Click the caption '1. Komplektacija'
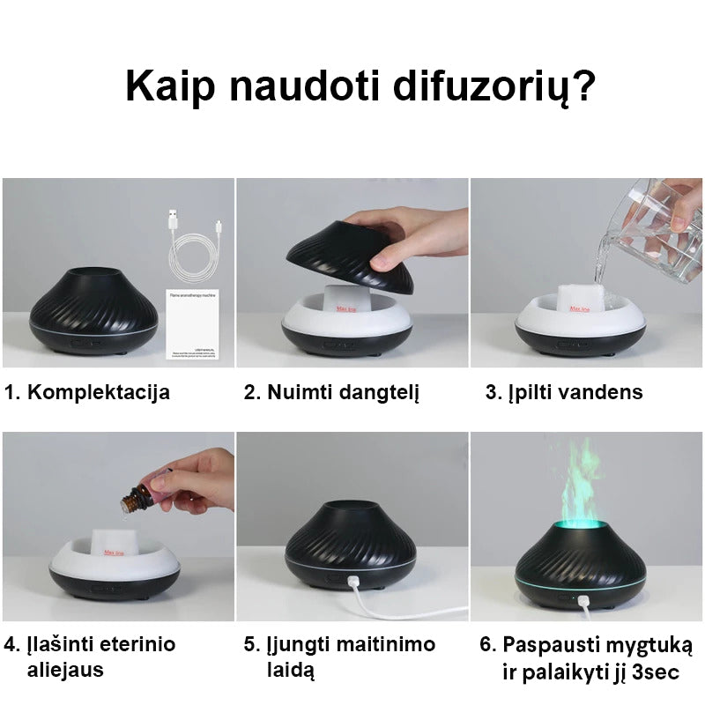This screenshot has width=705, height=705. pos(87,392)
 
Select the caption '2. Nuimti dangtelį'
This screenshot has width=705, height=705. pos(331,392)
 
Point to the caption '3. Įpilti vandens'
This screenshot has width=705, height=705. pos(564,392)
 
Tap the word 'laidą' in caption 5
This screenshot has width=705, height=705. pos(291,670)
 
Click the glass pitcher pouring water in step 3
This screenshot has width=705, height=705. pos(657,216)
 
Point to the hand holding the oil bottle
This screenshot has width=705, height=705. pos(196,480)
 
